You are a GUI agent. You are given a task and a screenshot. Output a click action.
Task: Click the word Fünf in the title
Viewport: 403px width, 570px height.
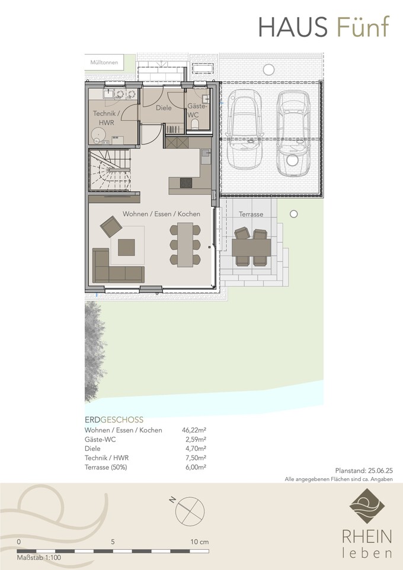363,27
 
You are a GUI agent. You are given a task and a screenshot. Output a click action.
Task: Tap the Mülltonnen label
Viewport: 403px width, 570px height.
104,63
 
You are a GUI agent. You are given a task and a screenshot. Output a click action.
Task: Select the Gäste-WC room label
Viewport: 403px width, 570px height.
197,111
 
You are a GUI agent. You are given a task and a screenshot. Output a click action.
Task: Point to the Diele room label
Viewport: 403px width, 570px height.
164,108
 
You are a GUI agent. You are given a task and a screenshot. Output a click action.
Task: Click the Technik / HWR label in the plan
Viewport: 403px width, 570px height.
106,118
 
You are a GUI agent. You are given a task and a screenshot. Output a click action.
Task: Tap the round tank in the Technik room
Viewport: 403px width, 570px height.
98,135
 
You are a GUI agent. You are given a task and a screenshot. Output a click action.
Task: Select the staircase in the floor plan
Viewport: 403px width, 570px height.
110,170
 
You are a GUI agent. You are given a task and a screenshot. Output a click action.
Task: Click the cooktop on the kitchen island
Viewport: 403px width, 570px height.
186,182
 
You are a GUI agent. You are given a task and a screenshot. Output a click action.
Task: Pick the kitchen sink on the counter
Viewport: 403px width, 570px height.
206,156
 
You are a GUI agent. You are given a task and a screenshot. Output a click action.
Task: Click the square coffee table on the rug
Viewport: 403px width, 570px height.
126,247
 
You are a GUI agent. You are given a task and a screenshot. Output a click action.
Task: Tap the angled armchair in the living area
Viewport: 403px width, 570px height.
111,226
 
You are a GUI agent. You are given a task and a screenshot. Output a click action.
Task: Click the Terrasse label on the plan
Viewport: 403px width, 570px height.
251,214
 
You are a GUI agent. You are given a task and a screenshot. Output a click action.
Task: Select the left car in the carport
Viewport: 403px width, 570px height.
244,128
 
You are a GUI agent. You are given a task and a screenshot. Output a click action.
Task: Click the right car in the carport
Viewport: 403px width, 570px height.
293,133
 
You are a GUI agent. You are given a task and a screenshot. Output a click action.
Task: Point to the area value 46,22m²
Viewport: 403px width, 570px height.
194,430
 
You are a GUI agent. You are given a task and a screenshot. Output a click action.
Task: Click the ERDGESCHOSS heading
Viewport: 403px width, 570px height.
114,420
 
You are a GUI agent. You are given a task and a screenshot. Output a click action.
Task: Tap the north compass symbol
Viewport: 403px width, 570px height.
189,510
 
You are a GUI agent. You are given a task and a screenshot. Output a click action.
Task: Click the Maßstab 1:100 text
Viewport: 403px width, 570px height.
39,558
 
